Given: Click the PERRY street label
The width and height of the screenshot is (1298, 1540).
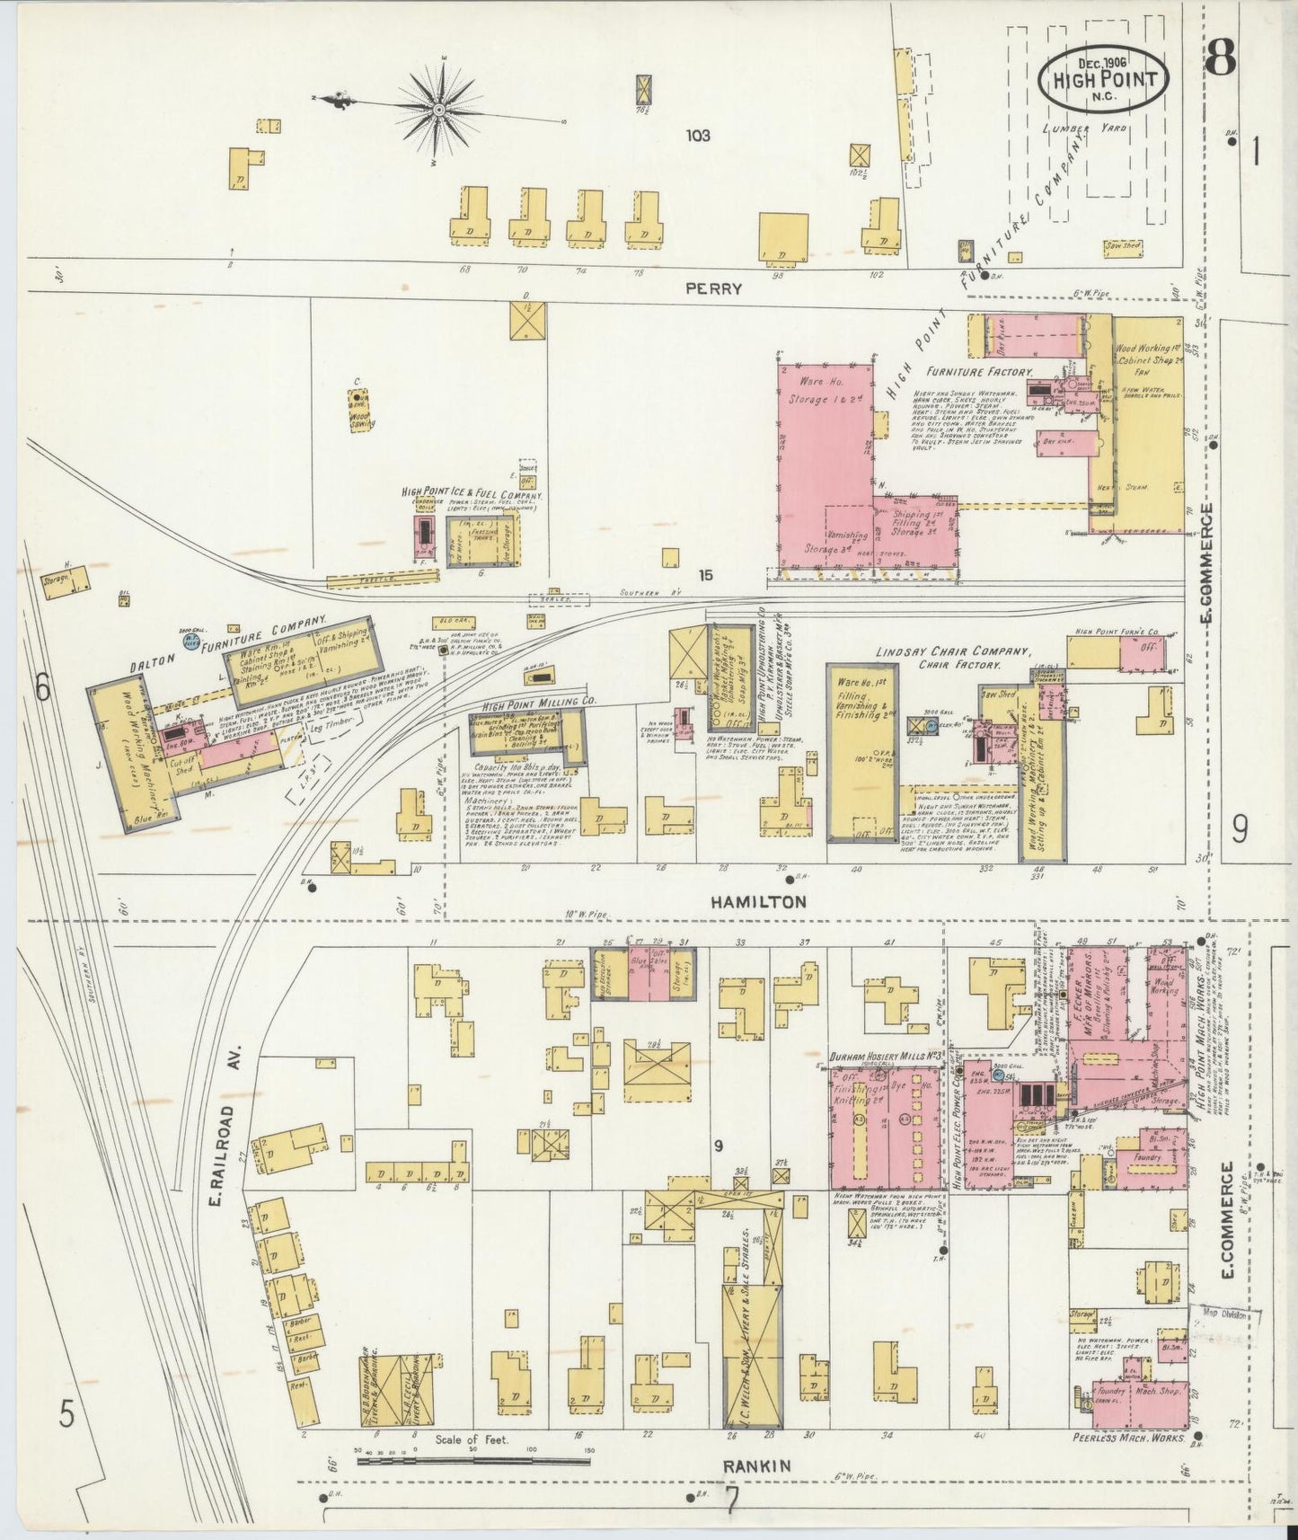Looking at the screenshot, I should (713, 289).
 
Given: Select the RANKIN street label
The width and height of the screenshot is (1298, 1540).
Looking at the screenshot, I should (756, 1466).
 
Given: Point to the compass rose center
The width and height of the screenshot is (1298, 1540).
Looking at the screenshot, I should (439, 110).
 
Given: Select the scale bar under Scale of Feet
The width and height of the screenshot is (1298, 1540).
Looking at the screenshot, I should (472, 1463).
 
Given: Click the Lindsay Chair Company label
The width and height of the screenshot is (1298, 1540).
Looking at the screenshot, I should (952, 653).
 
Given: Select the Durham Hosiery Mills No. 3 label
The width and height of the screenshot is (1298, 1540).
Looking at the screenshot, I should (885, 1055).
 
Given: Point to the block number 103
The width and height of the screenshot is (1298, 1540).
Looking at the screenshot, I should (697, 137).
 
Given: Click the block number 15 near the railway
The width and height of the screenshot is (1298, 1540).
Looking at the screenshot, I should (706, 574).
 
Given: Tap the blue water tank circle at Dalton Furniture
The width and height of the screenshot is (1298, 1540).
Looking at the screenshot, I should (190, 642).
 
